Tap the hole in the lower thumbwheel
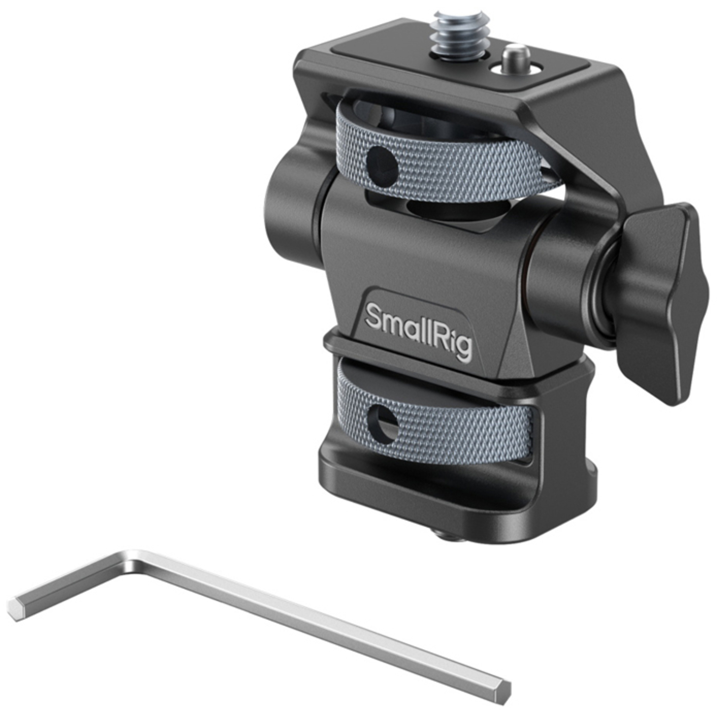click(383, 423)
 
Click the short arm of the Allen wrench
click(72, 581)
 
